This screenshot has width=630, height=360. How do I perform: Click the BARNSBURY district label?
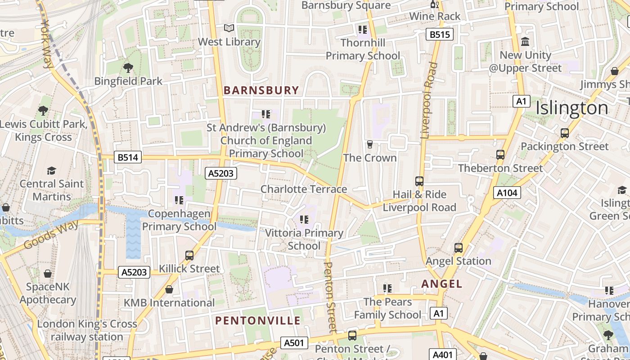point(261,90)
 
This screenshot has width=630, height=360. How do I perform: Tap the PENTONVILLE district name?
point(257,321)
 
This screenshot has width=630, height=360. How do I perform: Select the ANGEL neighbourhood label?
point(441,284)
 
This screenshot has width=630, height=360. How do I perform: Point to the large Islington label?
point(571,108)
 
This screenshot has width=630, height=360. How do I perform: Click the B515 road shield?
point(439,35)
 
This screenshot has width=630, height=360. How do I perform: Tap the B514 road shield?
point(128,157)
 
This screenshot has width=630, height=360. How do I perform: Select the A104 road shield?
point(507,193)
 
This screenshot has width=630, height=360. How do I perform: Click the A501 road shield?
point(294,343)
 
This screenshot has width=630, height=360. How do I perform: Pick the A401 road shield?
point(443,355)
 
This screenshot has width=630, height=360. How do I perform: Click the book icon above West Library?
point(229,28)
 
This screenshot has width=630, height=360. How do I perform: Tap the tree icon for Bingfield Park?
point(128,68)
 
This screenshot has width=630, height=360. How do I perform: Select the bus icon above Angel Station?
point(458,248)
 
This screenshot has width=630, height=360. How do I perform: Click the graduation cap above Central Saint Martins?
point(51,171)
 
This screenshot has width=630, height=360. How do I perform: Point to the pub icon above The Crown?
point(370,144)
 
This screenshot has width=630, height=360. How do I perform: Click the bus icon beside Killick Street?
point(189,256)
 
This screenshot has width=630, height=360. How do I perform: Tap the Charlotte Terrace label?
point(304,189)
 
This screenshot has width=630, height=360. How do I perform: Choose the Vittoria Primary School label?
point(304,239)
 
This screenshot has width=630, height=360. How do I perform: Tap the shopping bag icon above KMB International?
point(169,289)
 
